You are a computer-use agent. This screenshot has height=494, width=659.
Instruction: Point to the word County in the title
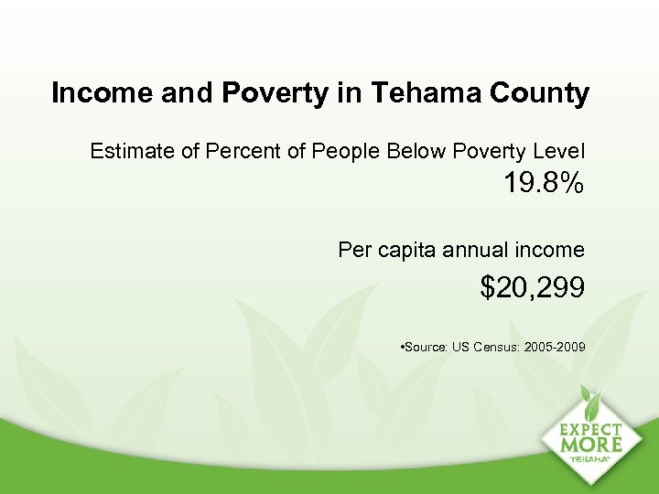[539, 93]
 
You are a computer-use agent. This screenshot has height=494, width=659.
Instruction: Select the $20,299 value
[533, 289]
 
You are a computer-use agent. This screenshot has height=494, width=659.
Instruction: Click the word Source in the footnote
[426, 348]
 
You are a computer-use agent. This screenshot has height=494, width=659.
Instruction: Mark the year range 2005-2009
[554, 348]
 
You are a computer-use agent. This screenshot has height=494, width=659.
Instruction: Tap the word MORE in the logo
[591, 445]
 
